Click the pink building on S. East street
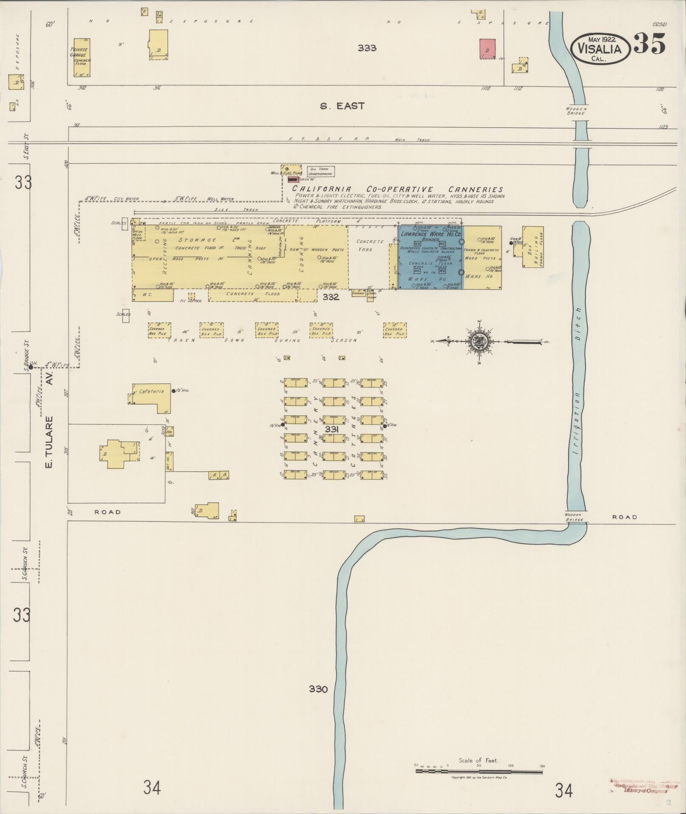[x=487, y=49]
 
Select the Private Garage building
[x=82, y=62]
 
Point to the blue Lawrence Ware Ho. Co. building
[x=430, y=257]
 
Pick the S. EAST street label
[x=342, y=106]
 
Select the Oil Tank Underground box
[x=321, y=171]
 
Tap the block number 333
[x=367, y=48]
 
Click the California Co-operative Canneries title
[x=397, y=189]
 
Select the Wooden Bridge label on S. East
[x=576, y=111]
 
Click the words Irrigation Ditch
[x=578, y=383]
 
